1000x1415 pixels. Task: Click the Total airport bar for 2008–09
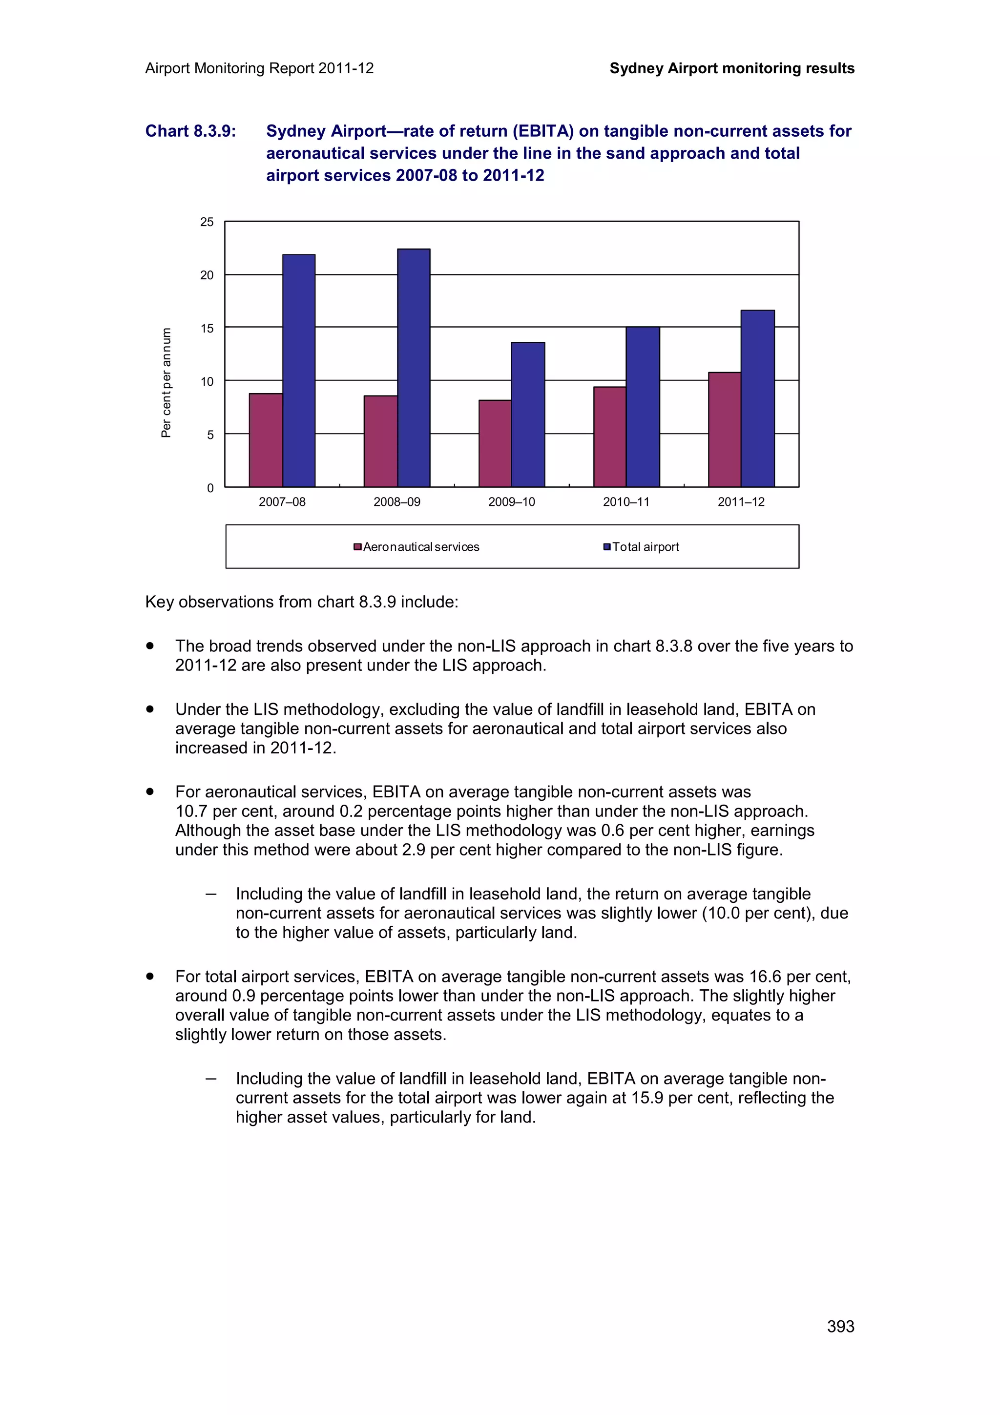[x=414, y=368]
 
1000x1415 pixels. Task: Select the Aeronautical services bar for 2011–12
[x=724, y=430]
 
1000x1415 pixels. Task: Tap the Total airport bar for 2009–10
[x=528, y=414]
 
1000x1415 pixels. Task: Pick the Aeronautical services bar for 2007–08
[x=266, y=440]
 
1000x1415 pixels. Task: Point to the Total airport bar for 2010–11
[x=643, y=407]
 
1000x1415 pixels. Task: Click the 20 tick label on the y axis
[x=207, y=275]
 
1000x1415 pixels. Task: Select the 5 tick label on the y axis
[x=210, y=435]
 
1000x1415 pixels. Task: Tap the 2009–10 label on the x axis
[x=511, y=501]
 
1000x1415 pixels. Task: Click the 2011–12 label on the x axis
[x=741, y=501]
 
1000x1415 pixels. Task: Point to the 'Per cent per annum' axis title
[x=166, y=382]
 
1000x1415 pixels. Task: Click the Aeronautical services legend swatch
[x=357, y=547]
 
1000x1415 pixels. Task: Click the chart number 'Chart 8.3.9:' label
[x=190, y=131]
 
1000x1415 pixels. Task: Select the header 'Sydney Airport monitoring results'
[x=731, y=68]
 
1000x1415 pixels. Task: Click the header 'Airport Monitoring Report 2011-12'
[x=259, y=68]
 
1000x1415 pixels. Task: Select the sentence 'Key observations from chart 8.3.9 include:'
[x=302, y=602]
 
